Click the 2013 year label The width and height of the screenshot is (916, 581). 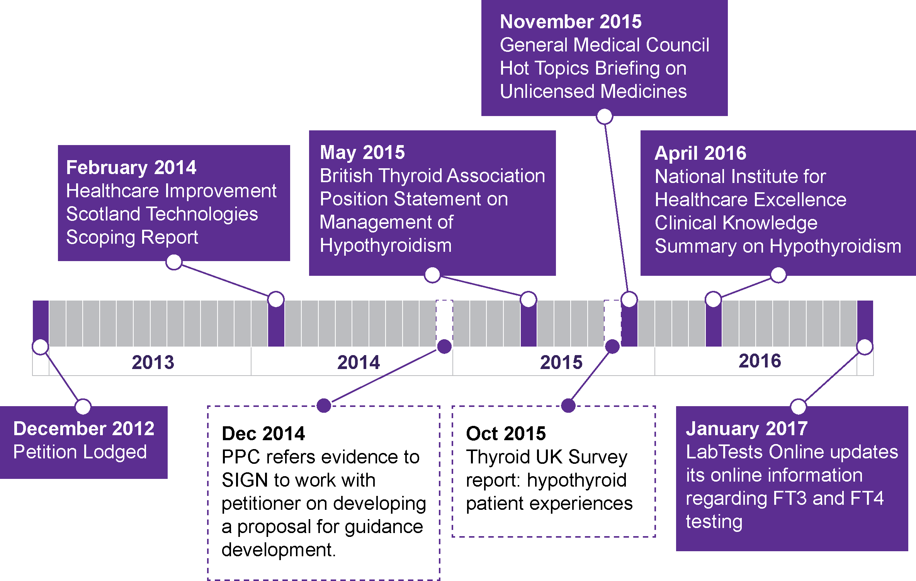click(x=153, y=362)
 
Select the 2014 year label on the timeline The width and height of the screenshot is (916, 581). click(x=359, y=362)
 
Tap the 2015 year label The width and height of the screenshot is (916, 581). click(x=561, y=362)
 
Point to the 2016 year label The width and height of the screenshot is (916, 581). click(x=760, y=361)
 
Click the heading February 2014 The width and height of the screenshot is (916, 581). click(x=131, y=168)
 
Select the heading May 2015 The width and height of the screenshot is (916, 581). click(x=362, y=152)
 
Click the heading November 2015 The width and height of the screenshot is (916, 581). click(x=571, y=22)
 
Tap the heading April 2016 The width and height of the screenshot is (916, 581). click(x=700, y=153)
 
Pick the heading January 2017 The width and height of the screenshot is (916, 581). click(x=747, y=429)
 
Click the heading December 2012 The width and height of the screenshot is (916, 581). click(x=84, y=429)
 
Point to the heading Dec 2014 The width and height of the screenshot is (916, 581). click(x=263, y=434)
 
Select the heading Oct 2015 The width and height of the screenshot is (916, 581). click(x=506, y=434)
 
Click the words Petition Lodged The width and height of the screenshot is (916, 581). click(x=80, y=452)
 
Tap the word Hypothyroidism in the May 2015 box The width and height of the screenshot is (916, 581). click(x=386, y=246)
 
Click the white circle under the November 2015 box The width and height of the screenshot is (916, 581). click(x=605, y=116)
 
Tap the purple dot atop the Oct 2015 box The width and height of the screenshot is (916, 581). click(x=568, y=405)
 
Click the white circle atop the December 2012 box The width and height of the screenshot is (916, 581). click(x=83, y=407)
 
